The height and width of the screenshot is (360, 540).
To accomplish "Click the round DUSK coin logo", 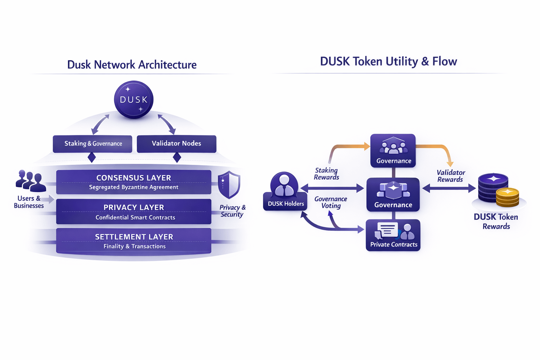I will [134, 99].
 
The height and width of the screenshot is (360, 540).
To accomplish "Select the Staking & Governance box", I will [92, 144].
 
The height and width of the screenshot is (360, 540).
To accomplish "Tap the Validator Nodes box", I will [176, 144].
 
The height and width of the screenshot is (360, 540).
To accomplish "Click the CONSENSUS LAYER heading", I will [134, 178].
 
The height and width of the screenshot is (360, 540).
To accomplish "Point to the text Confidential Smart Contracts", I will [135, 218].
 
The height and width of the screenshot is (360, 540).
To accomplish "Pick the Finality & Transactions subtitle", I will [135, 246].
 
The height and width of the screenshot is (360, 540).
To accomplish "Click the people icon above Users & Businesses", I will [31, 181].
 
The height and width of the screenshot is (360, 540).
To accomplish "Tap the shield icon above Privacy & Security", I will [229, 185].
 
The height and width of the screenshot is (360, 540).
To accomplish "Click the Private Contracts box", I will [393, 235].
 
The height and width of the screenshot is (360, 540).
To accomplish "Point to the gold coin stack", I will [507, 197].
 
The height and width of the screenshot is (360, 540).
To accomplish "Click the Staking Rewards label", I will [326, 174].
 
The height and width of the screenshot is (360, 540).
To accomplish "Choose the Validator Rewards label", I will [451, 176].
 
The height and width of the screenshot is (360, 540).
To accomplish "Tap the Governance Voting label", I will [331, 202].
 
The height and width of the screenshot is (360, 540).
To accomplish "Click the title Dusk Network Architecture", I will [132, 65].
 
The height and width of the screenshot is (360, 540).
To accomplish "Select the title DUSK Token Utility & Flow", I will [388, 62].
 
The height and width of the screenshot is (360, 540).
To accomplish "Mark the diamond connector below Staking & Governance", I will [92, 157].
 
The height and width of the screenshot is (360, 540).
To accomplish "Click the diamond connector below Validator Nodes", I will [177, 157].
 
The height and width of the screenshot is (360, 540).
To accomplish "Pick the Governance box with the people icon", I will [393, 150].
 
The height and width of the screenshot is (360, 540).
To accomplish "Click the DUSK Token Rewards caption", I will [496, 221].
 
